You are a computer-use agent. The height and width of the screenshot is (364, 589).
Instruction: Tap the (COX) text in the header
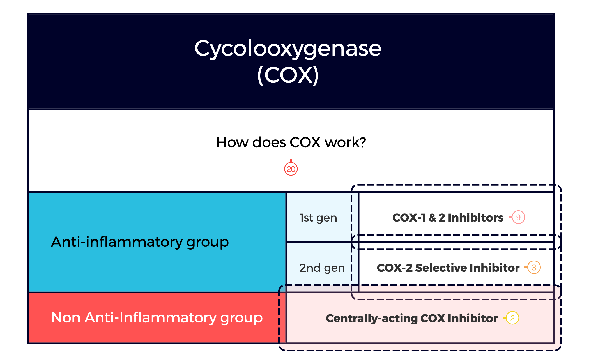pyautogui.click(x=288, y=75)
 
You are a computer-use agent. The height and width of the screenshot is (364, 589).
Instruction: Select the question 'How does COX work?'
pyautogui.click(x=291, y=142)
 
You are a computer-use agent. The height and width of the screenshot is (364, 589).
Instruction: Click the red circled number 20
pyautogui.click(x=291, y=169)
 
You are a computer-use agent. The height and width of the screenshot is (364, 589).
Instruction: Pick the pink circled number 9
pyautogui.click(x=518, y=217)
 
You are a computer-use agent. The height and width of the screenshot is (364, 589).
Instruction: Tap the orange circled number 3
pyautogui.click(x=534, y=268)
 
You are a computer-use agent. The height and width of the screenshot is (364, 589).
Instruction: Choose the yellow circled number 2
pyautogui.click(x=512, y=318)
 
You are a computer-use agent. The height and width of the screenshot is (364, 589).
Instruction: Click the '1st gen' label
pyautogui.click(x=318, y=218)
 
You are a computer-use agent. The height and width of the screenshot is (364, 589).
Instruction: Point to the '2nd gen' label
pyautogui.click(x=322, y=268)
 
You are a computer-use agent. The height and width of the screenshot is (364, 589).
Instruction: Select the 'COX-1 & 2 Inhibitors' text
pyautogui.click(x=448, y=218)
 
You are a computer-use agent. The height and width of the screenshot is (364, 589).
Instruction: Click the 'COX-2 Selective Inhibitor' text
pyautogui.click(x=448, y=268)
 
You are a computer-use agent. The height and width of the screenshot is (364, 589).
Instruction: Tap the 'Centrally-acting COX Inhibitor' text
pyautogui.click(x=412, y=319)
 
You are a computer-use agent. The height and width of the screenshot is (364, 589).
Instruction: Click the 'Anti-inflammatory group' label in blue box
pyautogui.click(x=140, y=242)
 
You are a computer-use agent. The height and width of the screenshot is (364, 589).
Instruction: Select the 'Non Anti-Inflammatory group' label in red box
pyautogui.click(x=157, y=318)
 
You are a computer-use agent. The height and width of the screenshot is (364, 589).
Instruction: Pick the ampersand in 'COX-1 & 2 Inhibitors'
pyautogui.click(x=432, y=218)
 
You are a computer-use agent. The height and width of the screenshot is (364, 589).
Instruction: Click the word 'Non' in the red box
pyautogui.click(x=66, y=318)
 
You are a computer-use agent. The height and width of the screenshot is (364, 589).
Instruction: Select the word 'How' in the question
pyautogui.click(x=232, y=142)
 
